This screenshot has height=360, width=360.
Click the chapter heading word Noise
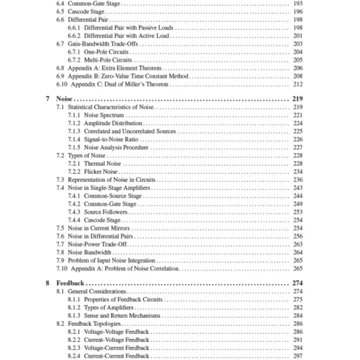(65, 99)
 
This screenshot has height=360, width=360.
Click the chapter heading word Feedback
(70, 283)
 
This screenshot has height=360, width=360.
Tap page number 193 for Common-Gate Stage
(297, 3)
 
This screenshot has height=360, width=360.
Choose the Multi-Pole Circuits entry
(108, 60)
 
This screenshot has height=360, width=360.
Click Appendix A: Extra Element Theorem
(114, 68)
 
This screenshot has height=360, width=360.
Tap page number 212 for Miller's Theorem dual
(297, 84)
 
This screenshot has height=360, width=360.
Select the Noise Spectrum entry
(103, 115)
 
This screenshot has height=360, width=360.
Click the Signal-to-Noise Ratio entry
(111, 139)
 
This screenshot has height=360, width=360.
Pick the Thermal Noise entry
(102, 163)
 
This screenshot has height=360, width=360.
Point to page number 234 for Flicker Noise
(297, 171)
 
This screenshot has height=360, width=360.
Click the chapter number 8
(48, 283)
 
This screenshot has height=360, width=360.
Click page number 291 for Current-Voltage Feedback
(297, 340)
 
